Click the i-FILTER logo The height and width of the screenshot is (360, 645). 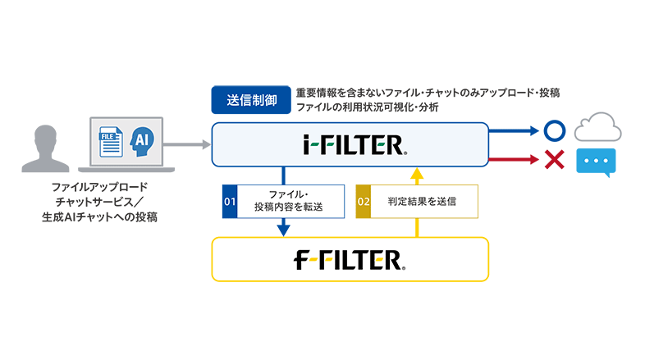tap(350, 145)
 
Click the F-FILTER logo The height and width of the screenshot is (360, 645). tap(350, 261)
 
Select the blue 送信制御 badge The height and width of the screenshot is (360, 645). tap(250, 99)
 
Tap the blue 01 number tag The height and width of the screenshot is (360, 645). tap(230, 201)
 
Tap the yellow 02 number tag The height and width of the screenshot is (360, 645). tap(363, 201)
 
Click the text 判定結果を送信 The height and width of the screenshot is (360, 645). tap(423, 201)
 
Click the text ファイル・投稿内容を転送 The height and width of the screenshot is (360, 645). tap(290, 201)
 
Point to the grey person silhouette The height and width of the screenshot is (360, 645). tap(39, 148)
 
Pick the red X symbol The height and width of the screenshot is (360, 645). tap(554, 159)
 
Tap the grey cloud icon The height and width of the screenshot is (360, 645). tap(595, 128)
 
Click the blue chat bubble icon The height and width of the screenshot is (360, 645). tap(595, 162)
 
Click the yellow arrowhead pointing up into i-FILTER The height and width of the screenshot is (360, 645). tap(417, 174)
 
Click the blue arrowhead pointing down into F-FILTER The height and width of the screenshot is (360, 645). tap(283, 230)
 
